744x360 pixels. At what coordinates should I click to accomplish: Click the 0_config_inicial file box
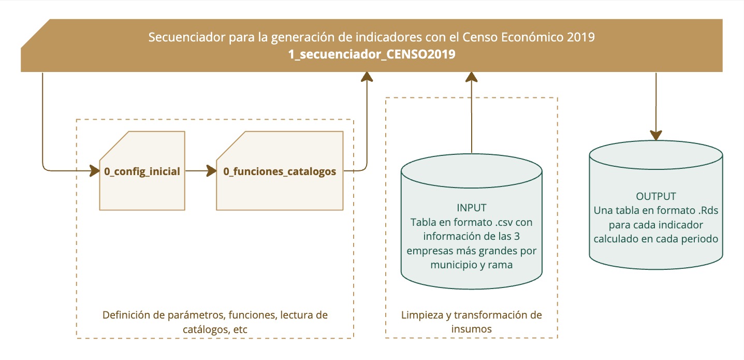click(142, 170)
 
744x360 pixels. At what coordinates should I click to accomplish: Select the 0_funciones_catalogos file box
click(280, 170)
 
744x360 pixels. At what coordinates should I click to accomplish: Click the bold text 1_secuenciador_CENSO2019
click(372, 54)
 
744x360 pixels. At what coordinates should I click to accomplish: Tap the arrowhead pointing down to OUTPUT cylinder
click(656, 135)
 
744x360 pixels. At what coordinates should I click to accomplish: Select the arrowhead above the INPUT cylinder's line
click(472, 77)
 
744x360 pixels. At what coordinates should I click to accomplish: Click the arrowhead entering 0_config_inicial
click(94, 170)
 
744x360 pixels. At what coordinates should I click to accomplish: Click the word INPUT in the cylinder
click(472, 208)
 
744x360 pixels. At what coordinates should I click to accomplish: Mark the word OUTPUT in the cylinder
click(656, 197)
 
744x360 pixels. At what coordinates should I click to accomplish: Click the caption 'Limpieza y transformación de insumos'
click(472, 322)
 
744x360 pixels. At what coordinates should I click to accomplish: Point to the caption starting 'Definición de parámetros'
click(215, 322)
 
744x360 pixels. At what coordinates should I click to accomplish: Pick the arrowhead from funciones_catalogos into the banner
click(367, 77)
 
